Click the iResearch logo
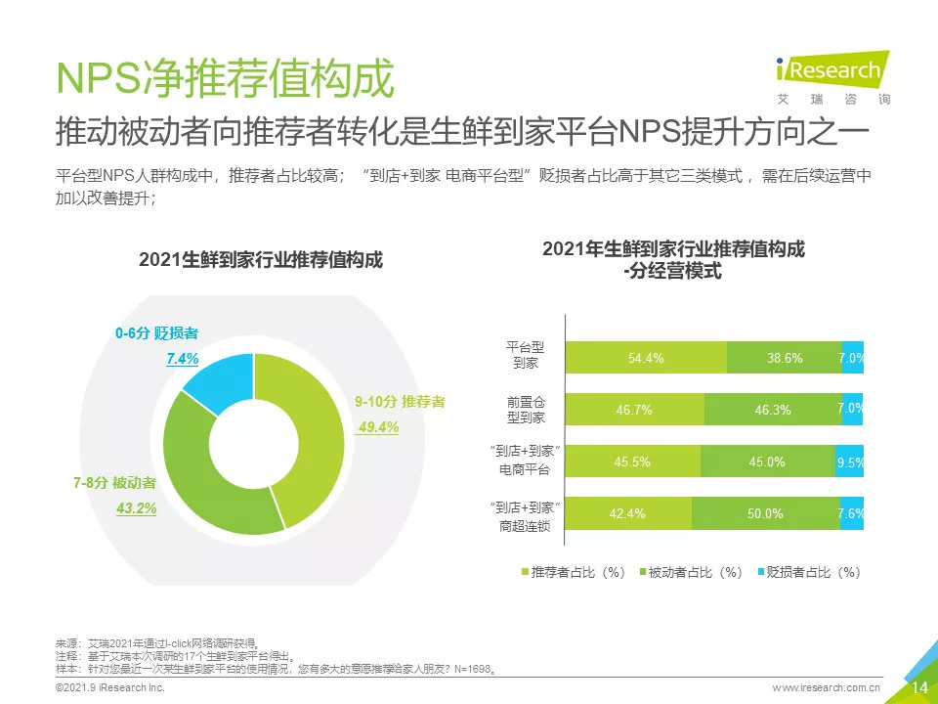(x=831, y=70)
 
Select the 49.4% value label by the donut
(x=377, y=427)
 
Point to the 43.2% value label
(x=137, y=508)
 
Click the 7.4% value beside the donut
(x=182, y=360)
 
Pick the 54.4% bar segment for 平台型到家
(x=647, y=358)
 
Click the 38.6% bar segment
(x=784, y=358)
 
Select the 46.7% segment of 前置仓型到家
(x=634, y=410)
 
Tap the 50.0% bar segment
(x=765, y=513)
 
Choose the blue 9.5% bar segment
(x=851, y=462)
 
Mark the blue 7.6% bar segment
(x=852, y=513)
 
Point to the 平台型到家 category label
(x=525, y=356)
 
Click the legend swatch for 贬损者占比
(x=759, y=572)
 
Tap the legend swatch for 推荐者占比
(x=524, y=572)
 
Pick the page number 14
(x=919, y=687)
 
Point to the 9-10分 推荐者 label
(x=400, y=402)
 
